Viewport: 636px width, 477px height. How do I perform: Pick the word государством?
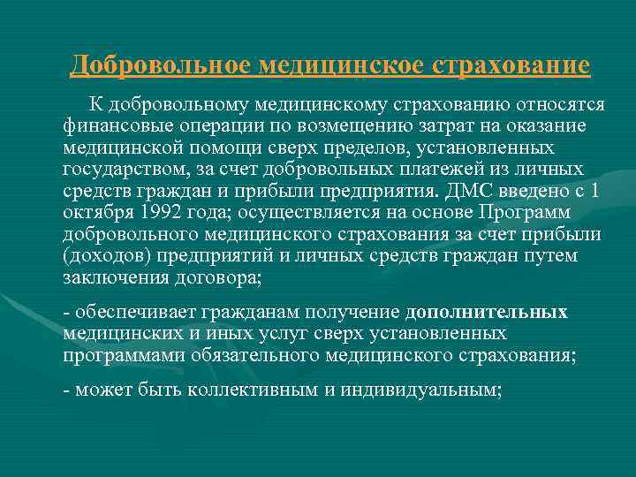coord(122,169)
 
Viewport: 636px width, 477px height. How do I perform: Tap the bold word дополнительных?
coord(486,312)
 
